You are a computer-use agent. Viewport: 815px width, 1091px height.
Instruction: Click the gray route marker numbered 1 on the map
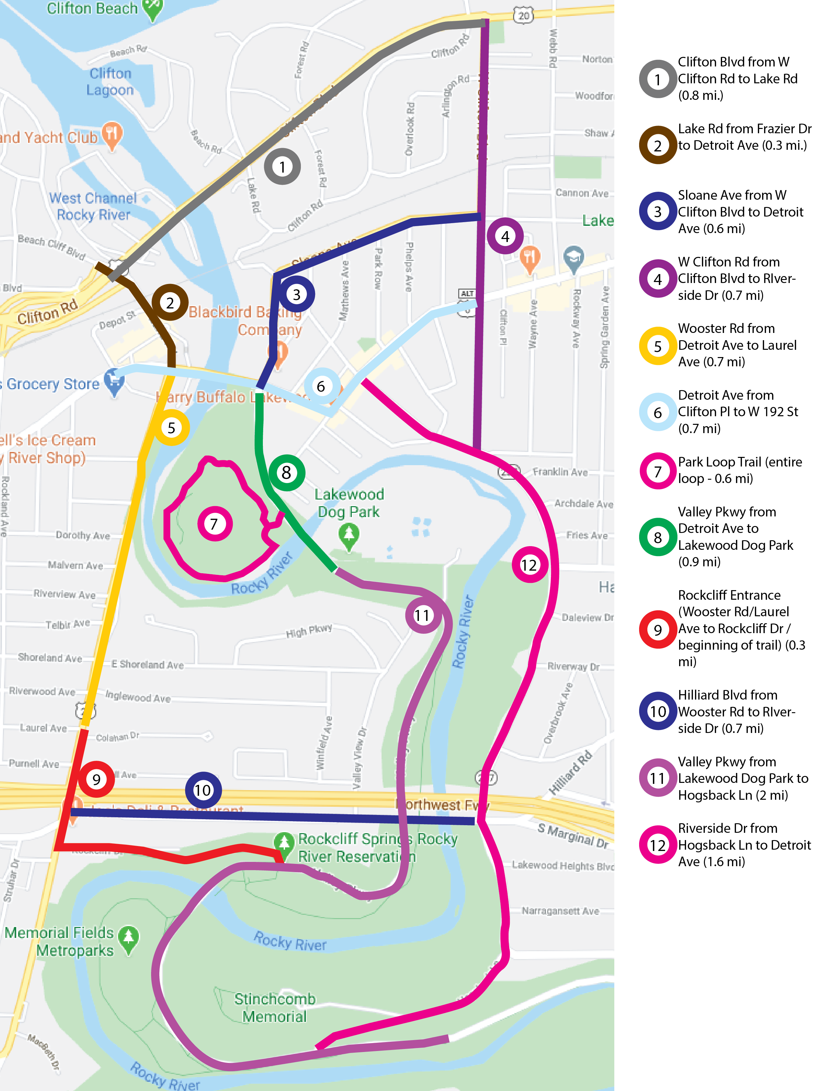point(282,167)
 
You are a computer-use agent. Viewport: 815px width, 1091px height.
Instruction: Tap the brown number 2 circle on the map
point(170,303)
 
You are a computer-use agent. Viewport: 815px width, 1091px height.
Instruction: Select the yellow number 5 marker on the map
point(171,427)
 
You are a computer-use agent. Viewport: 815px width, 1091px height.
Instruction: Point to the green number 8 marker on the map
point(286,472)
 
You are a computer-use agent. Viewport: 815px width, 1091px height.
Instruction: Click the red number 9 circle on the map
point(96,779)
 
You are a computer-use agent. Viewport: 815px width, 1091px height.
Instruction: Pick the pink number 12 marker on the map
point(529,565)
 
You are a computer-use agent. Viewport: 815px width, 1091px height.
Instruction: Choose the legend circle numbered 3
point(657,212)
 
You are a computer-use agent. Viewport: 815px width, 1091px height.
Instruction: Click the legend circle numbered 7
point(657,471)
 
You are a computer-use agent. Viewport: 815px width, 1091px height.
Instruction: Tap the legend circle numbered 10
point(657,711)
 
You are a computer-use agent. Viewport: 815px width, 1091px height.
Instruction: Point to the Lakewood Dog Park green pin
point(349,536)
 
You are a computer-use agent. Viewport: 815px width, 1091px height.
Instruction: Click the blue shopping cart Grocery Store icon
point(114,382)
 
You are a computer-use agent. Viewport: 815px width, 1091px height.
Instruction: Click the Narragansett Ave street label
point(560,911)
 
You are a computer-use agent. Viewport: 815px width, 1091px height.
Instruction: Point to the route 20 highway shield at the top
point(523,16)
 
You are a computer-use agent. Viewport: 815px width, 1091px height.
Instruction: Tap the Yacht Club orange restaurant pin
point(112,135)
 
